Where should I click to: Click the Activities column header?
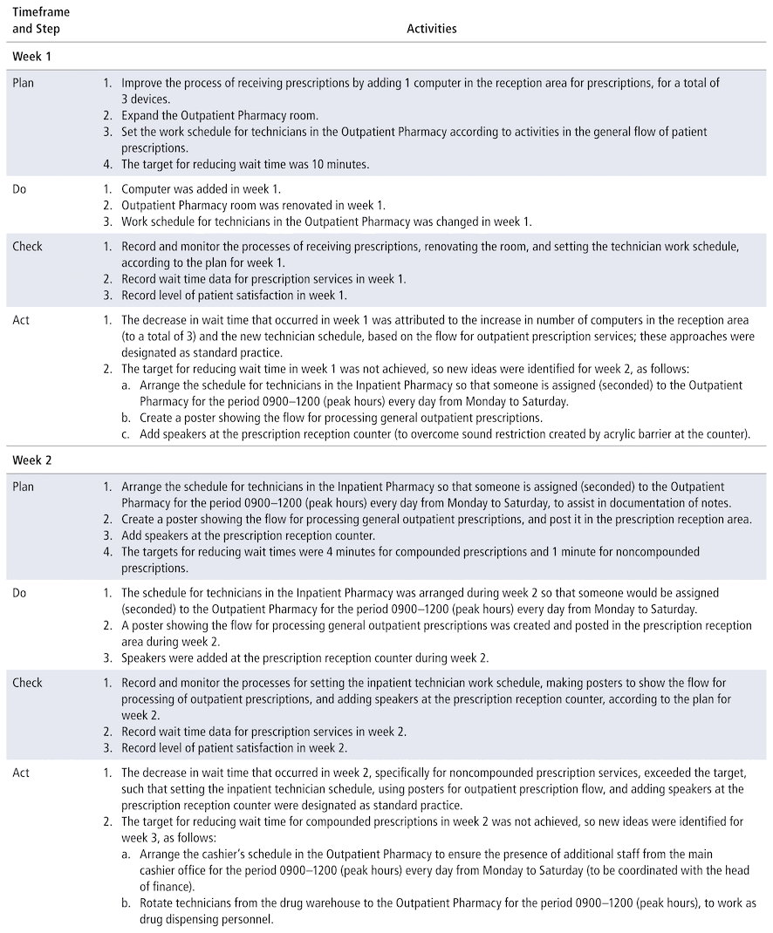click(x=432, y=29)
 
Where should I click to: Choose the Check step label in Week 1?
click(x=27, y=247)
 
